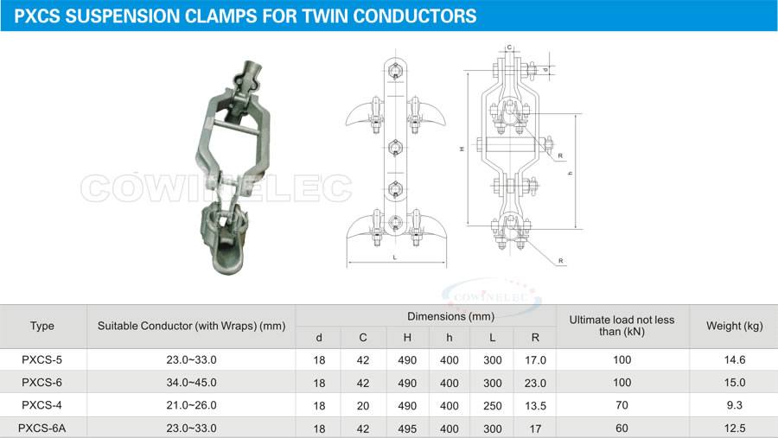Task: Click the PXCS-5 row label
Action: (x=41, y=359)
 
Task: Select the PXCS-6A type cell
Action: (x=41, y=428)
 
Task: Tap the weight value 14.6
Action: (x=734, y=359)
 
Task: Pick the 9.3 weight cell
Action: (x=734, y=405)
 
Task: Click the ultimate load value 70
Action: (x=622, y=405)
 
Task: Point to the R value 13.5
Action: (x=535, y=406)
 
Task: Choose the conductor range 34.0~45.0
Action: (x=192, y=383)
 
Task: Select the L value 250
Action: (x=493, y=406)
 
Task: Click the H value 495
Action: (x=407, y=428)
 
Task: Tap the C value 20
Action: (x=363, y=406)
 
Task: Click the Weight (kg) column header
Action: (x=734, y=326)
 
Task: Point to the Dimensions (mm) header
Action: (x=450, y=316)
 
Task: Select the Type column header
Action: (x=42, y=326)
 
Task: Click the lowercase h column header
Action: (x=449, y=337)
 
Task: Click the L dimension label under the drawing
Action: (x=395, y=257)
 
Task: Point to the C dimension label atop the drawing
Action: (x=509, y=48)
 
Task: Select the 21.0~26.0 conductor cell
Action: (x=192, y=405)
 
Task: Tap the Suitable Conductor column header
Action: (x=192, y=326)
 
